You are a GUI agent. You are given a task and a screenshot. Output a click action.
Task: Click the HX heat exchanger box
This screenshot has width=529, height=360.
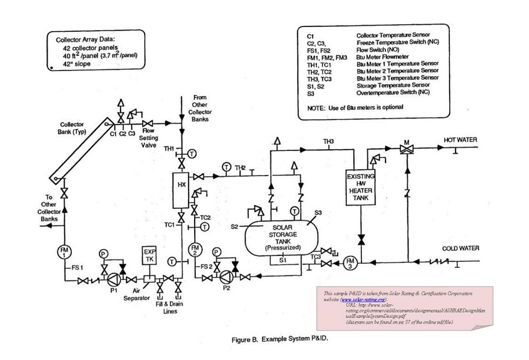(x=182, y=190)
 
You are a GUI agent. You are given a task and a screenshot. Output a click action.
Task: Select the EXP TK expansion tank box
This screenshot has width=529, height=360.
(x=150, y=255)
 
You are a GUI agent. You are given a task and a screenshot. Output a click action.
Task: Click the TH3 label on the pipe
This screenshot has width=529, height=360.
(x=328, y=142)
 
